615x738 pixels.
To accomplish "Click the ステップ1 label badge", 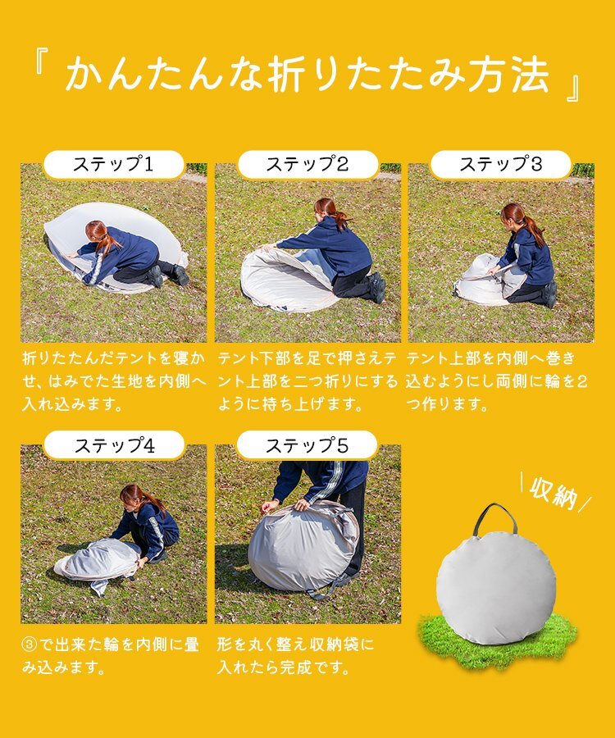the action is point(113,164).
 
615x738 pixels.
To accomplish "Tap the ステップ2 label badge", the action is point(307,164).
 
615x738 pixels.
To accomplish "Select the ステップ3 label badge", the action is point(501,164).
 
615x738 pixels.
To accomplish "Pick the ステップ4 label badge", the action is point(114,445).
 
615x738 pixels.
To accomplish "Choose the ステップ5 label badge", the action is point(307,445).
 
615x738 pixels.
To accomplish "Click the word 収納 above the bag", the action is point(554,494).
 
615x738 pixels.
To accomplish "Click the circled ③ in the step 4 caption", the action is point(30,645).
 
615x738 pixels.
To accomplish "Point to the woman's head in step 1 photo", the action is point(96,231).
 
